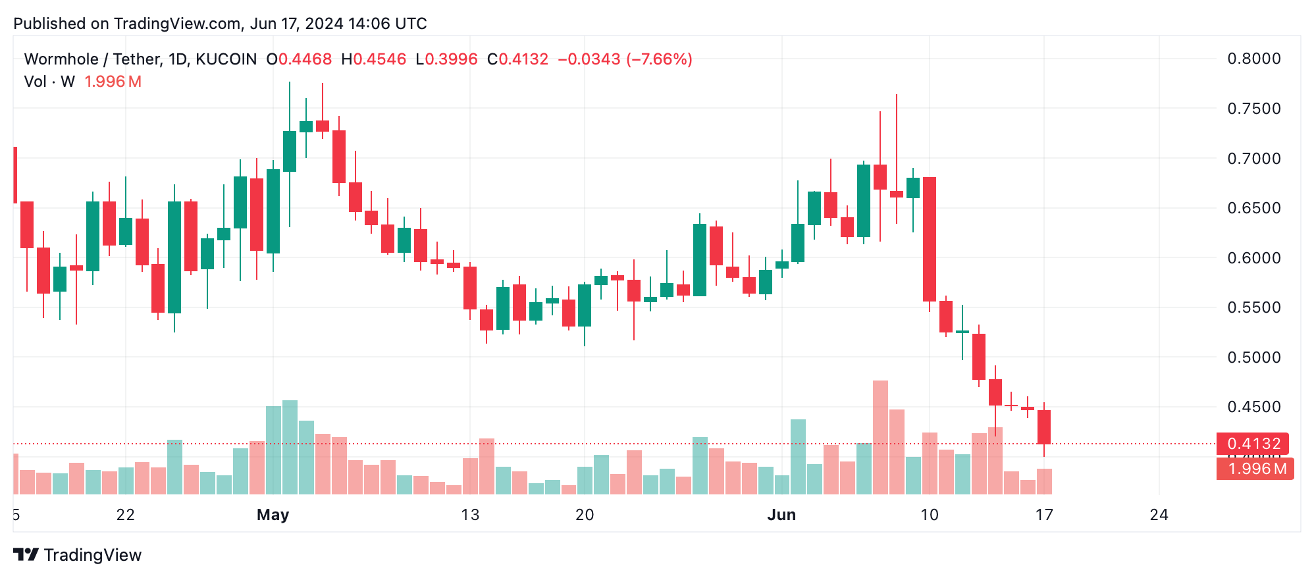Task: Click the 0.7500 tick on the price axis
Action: [x=1253, y=109]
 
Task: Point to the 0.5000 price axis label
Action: [x=1253, y=357]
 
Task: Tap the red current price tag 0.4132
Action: [x=1253, y=444]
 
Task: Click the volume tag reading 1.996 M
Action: [x=1255, y=469]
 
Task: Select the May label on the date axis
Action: [x=273, y=515]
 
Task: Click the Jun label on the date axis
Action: [x=781, y=515]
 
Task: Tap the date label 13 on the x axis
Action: [x=470, y=515]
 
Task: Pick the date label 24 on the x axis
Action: [x=1159, y=515]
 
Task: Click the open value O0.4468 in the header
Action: [x=299, y=59]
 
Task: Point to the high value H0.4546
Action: [x=373, y=59]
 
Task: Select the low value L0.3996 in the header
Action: [x=446, y=59]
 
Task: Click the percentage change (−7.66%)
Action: [x=659, y=59]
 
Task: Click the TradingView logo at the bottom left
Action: [x=78, y=555]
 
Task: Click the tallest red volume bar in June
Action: [x=880, y=438]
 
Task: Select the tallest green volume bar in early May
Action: [x=290, y=448]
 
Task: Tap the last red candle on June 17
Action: [x=1044, y=427]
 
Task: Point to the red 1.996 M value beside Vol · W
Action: [x=113, y=82]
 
